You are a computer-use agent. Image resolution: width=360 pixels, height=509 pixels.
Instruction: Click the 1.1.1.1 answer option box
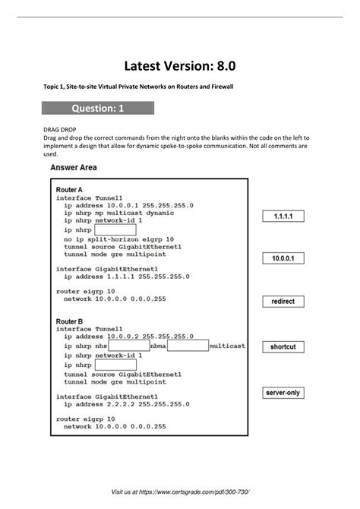283,217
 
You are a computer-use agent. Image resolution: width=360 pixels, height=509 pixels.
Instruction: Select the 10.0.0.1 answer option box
283,259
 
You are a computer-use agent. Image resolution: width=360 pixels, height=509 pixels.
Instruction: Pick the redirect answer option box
283,302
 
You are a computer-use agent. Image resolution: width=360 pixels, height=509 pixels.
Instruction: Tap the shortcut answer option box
283,346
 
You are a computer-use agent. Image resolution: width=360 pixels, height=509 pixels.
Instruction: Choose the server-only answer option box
283,393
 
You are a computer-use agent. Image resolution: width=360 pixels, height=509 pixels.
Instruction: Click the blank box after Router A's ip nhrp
115,229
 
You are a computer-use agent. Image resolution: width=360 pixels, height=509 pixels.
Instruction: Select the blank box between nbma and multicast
188,346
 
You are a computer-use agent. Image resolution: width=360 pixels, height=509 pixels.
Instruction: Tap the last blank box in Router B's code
115,365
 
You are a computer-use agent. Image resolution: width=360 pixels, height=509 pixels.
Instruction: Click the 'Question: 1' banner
99,109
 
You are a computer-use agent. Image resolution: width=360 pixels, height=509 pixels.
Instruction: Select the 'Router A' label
69,188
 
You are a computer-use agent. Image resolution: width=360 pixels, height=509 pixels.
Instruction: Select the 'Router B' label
69,321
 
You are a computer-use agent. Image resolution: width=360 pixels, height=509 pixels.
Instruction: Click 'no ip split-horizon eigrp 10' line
118,239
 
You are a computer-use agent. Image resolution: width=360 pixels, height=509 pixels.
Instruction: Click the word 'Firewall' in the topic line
217,87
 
